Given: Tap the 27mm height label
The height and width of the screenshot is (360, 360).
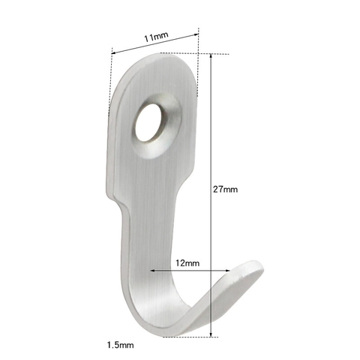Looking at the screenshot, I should (x=225, y=190).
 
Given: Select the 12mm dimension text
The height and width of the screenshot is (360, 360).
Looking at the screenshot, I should (x=188, y=263).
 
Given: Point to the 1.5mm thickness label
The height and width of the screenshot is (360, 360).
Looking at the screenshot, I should (x=120, y=346).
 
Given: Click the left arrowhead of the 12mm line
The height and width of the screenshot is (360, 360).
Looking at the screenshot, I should (x=153, y=271).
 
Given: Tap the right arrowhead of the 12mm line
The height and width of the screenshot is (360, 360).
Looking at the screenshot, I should (x=226, y=271).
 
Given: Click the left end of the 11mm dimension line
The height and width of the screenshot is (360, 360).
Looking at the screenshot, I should (x=112, y=51).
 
